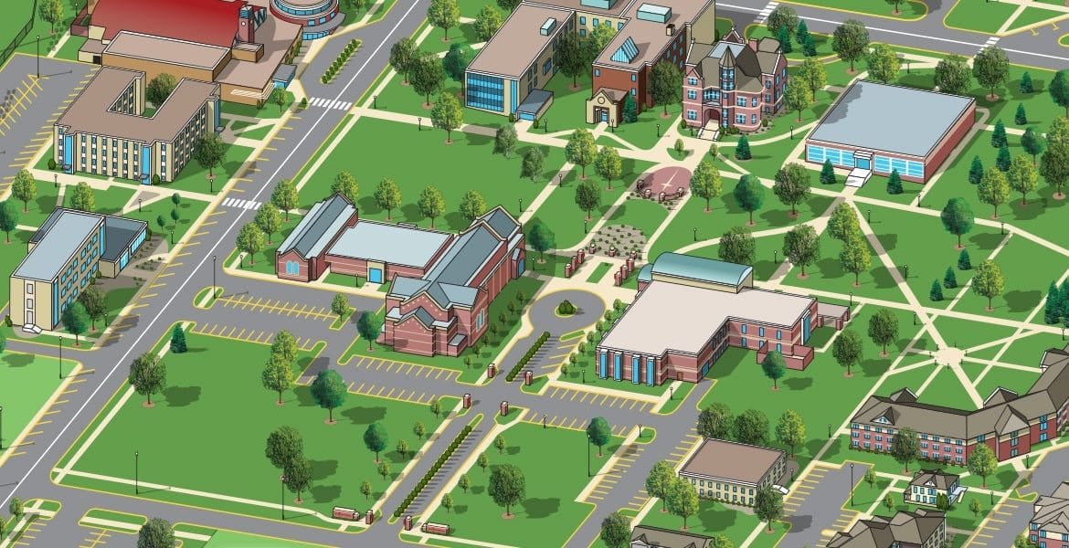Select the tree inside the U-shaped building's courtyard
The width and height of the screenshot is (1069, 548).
[162, 89]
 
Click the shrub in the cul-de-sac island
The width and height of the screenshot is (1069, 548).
[566, 307]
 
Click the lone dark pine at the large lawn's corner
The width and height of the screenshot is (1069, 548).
[178, 340]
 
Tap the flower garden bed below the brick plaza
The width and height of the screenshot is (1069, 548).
[619, 240]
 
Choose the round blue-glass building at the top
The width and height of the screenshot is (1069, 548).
[306, 13]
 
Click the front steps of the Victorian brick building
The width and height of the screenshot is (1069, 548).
[709, 131]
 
